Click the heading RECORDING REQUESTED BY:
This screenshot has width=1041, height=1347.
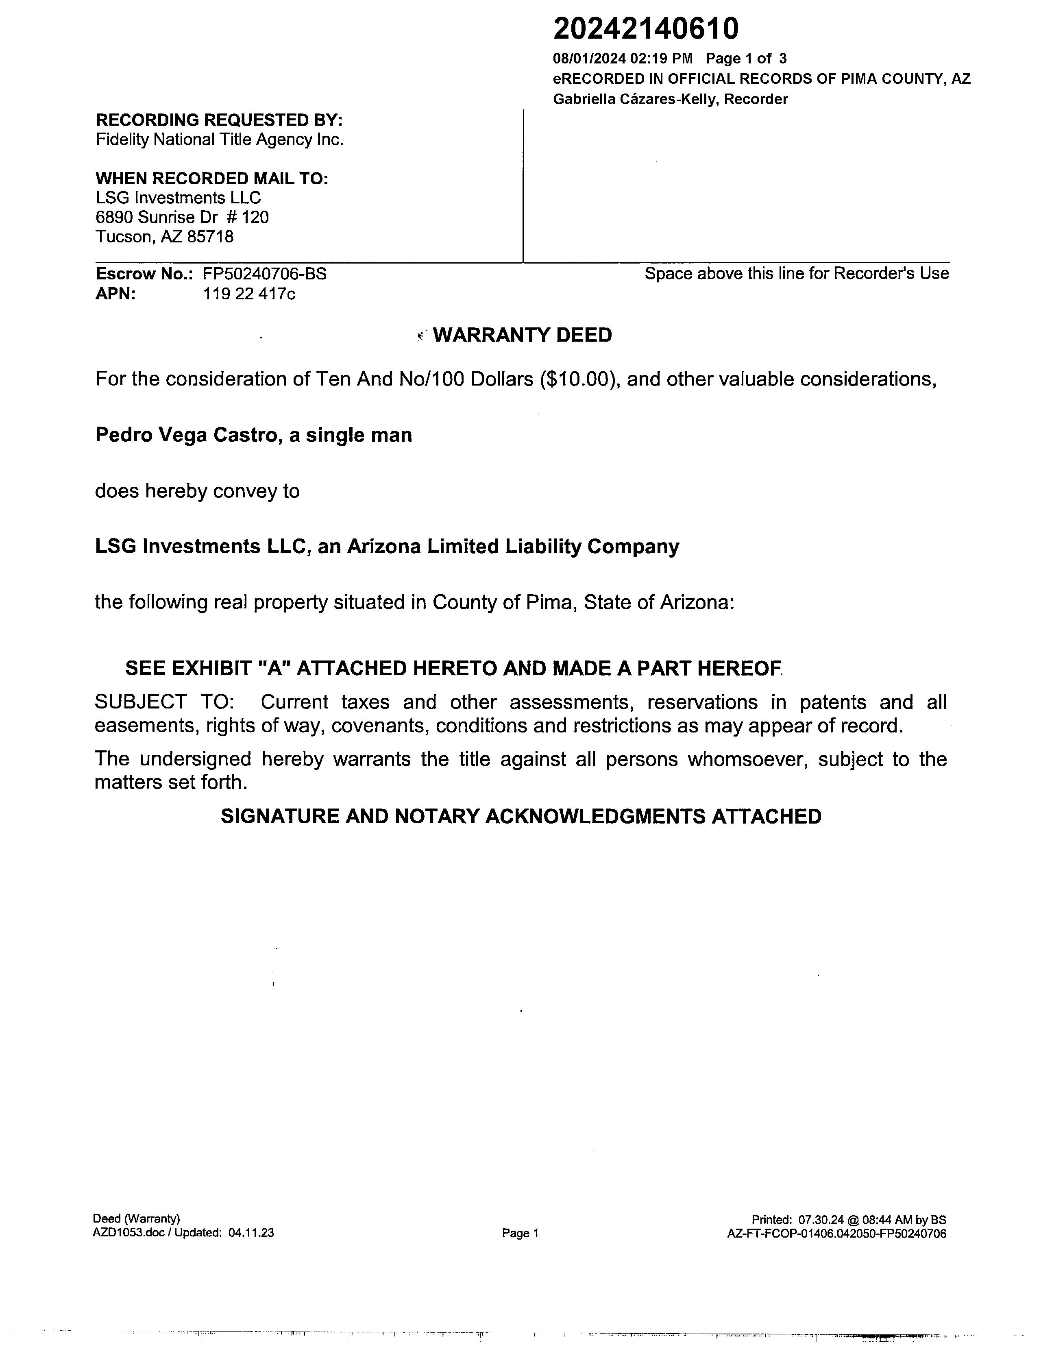coord(219,120)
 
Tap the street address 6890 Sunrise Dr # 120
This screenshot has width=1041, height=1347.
coord(182,217)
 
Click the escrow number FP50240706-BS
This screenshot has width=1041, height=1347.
coord(265,274)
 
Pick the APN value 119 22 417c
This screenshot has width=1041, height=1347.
coord(249,294)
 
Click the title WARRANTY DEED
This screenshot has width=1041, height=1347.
coord(523,335)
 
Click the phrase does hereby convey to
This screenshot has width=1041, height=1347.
coord(197,491)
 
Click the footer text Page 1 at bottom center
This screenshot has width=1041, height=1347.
coord(520,1233)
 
